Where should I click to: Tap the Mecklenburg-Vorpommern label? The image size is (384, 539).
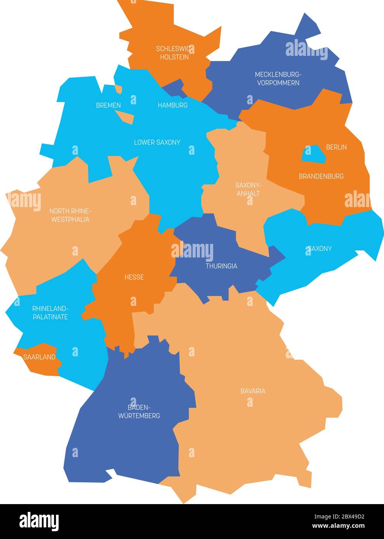(277, 78)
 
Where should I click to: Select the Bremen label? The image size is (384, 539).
(108, 105)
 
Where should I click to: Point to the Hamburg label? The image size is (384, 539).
(172, 105)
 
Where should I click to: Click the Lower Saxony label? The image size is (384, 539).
(157, 142)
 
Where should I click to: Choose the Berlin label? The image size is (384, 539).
(336, 147)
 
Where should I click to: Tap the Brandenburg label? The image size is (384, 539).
(321, 176)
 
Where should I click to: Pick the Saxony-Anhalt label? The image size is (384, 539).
(248, 189)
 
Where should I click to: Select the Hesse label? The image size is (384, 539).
(134, 277)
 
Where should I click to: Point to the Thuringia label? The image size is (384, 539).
(221, 266)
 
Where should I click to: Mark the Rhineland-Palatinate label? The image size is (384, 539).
(50, 313)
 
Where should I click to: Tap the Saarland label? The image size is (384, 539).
(39, 357)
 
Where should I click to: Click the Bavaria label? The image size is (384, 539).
(253, 391)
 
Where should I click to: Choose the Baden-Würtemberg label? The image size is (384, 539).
(139, 411)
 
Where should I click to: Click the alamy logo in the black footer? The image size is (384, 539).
(39, 521)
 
